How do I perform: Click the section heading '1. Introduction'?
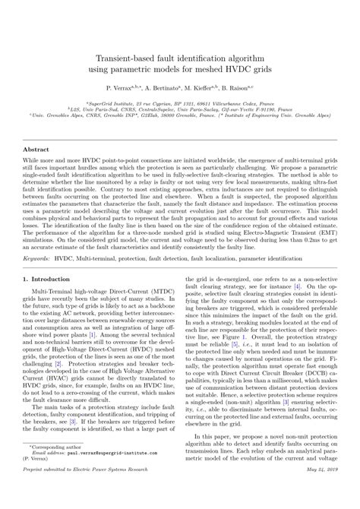(55, 280)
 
